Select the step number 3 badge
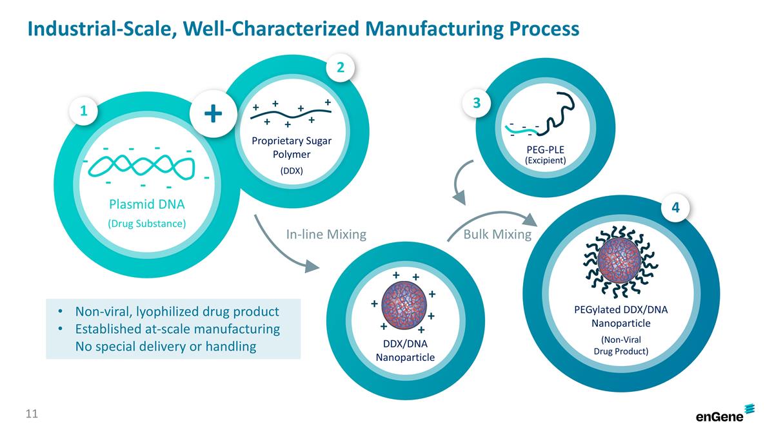click(477, 103)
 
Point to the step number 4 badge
click(676, 208)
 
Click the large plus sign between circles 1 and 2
click(213, 115)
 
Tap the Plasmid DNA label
click(146, 205)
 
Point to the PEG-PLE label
click(545, 150)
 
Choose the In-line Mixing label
click(326, 235)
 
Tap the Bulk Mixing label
click(497, 235)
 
